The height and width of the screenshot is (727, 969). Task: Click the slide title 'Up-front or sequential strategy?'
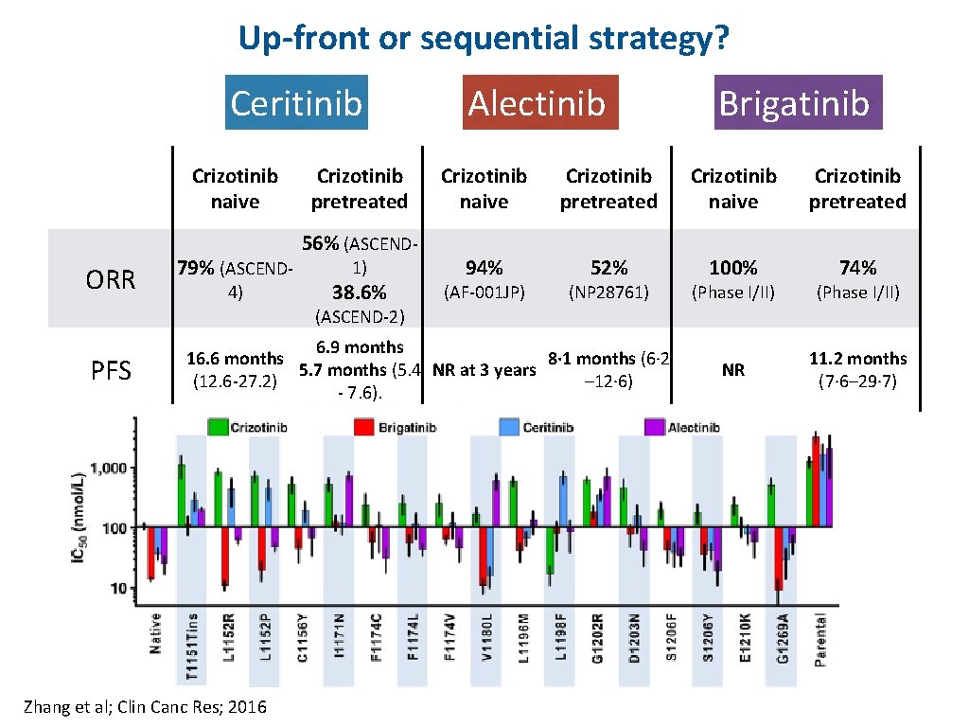point(484,39)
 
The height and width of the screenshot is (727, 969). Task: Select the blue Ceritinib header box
point(296,102)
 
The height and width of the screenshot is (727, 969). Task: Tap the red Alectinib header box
point(537,102)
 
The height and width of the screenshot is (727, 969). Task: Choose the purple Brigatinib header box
point(793,102)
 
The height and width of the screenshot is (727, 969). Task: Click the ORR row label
point(111,279)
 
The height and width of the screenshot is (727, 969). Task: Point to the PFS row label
point(111,369)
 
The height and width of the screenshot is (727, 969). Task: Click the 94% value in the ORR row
point(484,269)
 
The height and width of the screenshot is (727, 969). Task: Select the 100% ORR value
point(732,269)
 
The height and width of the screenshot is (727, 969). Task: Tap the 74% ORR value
point(857,269)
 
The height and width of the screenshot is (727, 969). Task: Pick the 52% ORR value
point(608,269)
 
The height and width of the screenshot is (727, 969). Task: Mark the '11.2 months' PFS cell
point(857,359)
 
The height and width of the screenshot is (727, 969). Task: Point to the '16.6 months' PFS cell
point(235,359)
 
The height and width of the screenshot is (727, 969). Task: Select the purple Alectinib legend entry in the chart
point(681,427)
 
